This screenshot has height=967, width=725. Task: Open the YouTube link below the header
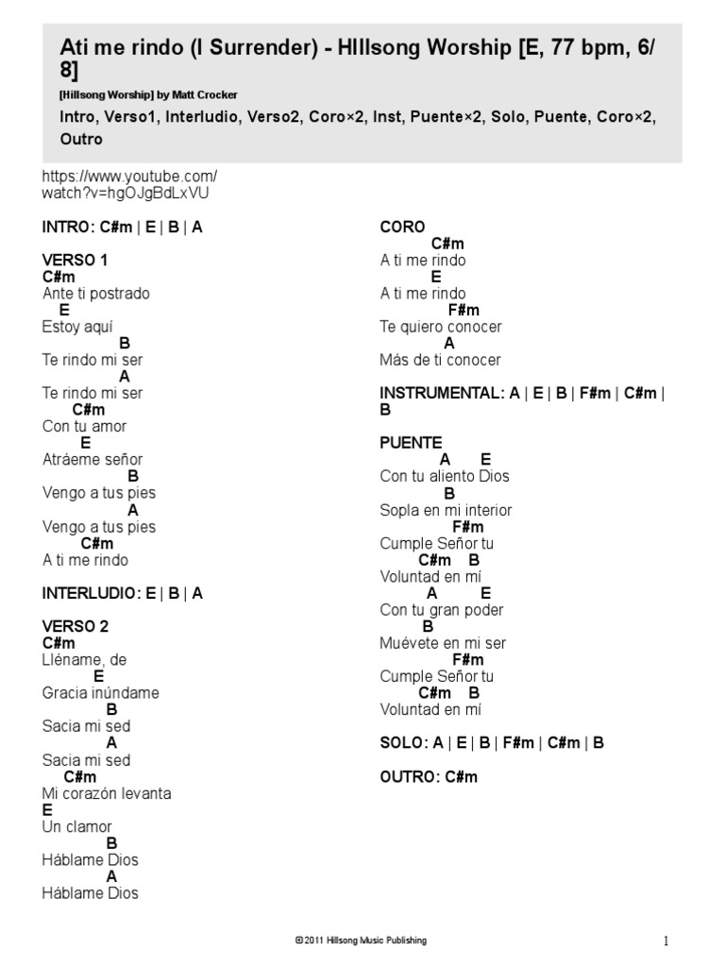(129, 184)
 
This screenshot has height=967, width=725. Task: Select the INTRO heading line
(122, 228)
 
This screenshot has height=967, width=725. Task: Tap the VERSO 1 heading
(76, 260)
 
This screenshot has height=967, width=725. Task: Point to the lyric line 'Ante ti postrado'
(95, 294)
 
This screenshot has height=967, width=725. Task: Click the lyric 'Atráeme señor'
(93, 460)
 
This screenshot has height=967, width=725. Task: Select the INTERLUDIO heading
(122, 593)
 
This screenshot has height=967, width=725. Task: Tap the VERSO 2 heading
(76, 626)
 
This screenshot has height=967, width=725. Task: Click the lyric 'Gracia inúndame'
(100, 693)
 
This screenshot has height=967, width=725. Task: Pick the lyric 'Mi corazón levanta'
(107, 793)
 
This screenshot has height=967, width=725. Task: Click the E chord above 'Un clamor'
(47, 810)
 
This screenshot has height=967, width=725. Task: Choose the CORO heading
(402, 227)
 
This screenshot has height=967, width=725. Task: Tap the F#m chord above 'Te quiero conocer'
(464, 310)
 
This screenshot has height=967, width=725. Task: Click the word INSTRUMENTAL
(441, 393)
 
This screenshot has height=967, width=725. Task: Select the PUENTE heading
(411, 443)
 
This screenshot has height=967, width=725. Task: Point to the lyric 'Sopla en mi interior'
(446, 510)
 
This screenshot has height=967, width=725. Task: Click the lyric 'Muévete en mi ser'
(443, 643)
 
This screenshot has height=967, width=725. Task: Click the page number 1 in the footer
(666, 941)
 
